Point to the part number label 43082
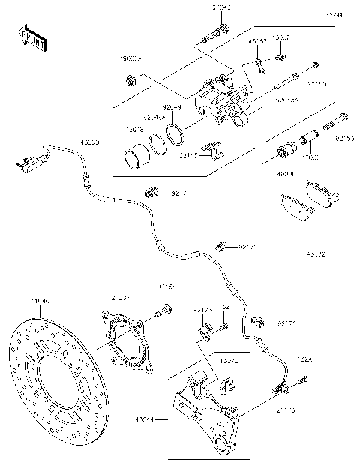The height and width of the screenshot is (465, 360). coord(317,254)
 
